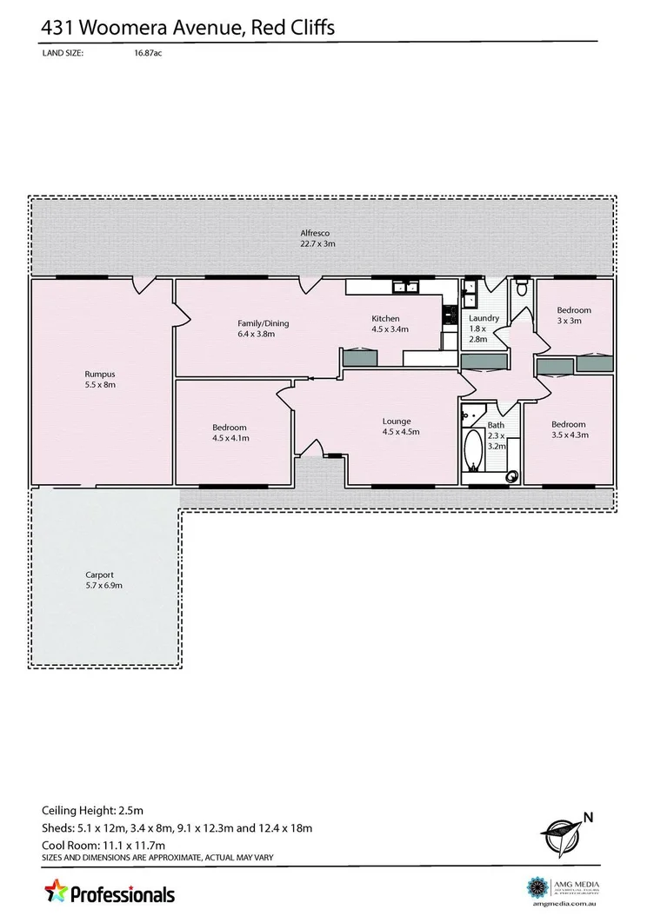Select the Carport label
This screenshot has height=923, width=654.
click(x=99, y=574)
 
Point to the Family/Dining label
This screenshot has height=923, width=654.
click(x=263, y=323)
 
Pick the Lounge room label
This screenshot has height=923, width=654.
click(x=397, y=422)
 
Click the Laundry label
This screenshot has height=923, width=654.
click(x=484, y=318)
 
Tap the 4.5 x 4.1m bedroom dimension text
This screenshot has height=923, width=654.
click(x=230, y=438)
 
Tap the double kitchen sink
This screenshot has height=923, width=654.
click(x=405, y=287)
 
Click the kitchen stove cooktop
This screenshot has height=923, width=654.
click(x=450, y=317)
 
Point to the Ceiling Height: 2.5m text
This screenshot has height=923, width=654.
click(x=92, y=809)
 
